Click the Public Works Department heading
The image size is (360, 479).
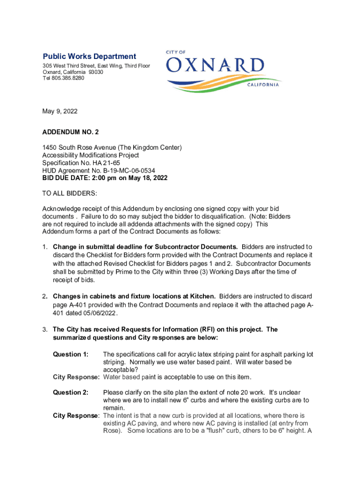pos(89,57)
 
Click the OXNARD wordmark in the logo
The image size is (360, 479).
pos(215,66)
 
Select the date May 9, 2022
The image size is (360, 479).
pos(60,111)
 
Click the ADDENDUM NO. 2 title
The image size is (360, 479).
pos(71,133)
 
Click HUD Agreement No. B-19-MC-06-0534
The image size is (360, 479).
pos(99,170)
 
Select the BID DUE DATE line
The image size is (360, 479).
pos(105,178)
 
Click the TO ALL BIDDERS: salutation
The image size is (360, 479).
pos(70,193)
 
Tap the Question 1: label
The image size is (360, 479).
pos(71,354)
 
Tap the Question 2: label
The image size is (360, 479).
pos(71,392)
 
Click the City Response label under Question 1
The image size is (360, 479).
pos(76,377)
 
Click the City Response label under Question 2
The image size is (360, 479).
pos(76,415)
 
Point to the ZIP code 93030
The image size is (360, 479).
pos(96,72)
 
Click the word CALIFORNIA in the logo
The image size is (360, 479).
pos(261,85)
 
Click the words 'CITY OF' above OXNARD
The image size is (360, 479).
pos(176,52)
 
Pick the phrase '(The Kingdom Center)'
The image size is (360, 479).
pos(151,148)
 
